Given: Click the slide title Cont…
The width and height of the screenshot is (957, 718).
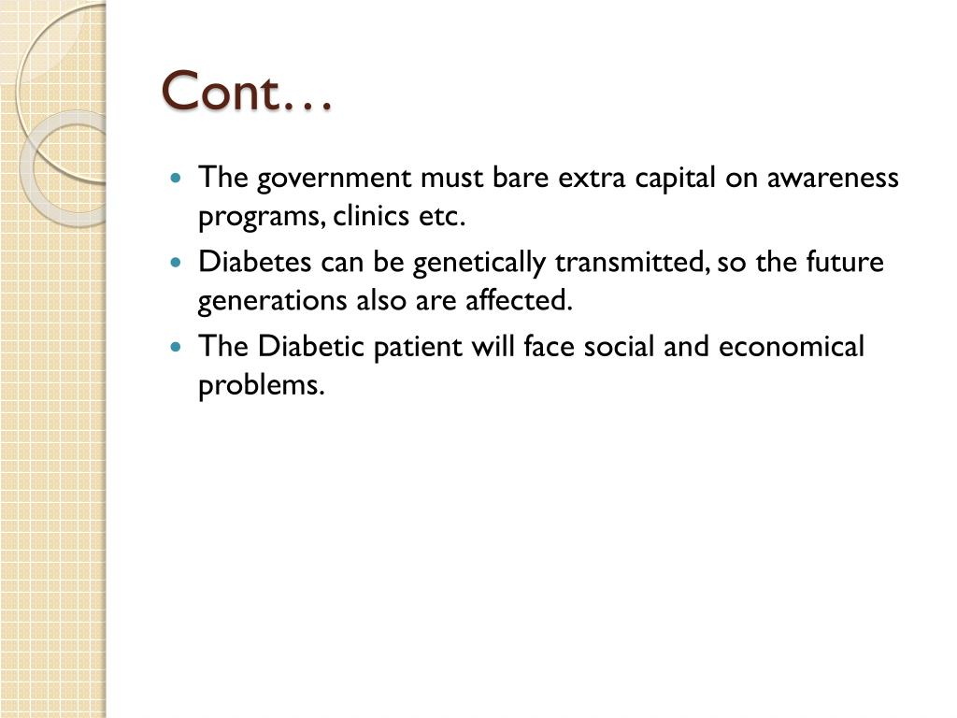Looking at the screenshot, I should [247, 92].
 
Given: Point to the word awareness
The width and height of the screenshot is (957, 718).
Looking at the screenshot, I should [833, 178].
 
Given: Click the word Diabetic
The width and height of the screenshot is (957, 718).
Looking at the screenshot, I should [311, 347].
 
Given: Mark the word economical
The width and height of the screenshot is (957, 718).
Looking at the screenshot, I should [792, 347].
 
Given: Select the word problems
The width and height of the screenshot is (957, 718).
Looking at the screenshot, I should [261, 386].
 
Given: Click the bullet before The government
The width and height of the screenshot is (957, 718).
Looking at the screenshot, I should [178, 178].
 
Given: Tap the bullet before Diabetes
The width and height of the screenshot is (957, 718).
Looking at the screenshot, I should [178, 263].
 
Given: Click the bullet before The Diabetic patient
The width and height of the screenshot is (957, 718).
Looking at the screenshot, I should [178, 347].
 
